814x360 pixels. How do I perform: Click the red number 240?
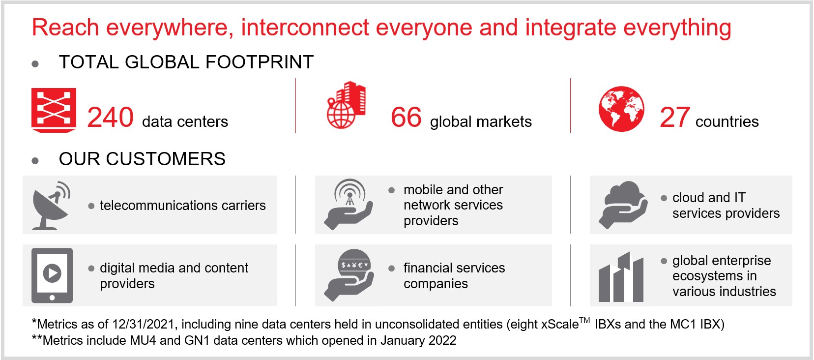(x=111, y=117)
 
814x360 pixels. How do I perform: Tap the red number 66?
(x=407, y=117)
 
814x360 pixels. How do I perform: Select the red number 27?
(x=675, y=117)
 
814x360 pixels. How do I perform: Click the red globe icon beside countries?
(x=621, y=109)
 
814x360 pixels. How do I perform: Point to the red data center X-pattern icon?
(x=54, y=110)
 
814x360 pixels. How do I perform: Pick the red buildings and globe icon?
(x=347, y=105)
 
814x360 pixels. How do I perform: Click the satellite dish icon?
(x=51, y=206)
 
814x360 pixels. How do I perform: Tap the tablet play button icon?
(x=52, y=275)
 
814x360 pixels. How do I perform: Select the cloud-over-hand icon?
(x=623, y=205)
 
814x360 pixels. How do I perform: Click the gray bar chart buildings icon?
(x=621, y=277)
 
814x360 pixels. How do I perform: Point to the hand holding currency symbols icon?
(x=349, y=275)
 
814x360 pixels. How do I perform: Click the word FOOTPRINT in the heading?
(x=260, y=62)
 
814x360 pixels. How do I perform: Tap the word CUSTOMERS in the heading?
(x=166, y=159)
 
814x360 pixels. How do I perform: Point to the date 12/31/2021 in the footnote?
(x=145, y=324)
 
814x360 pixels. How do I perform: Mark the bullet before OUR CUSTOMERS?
(x=35, y=161)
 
